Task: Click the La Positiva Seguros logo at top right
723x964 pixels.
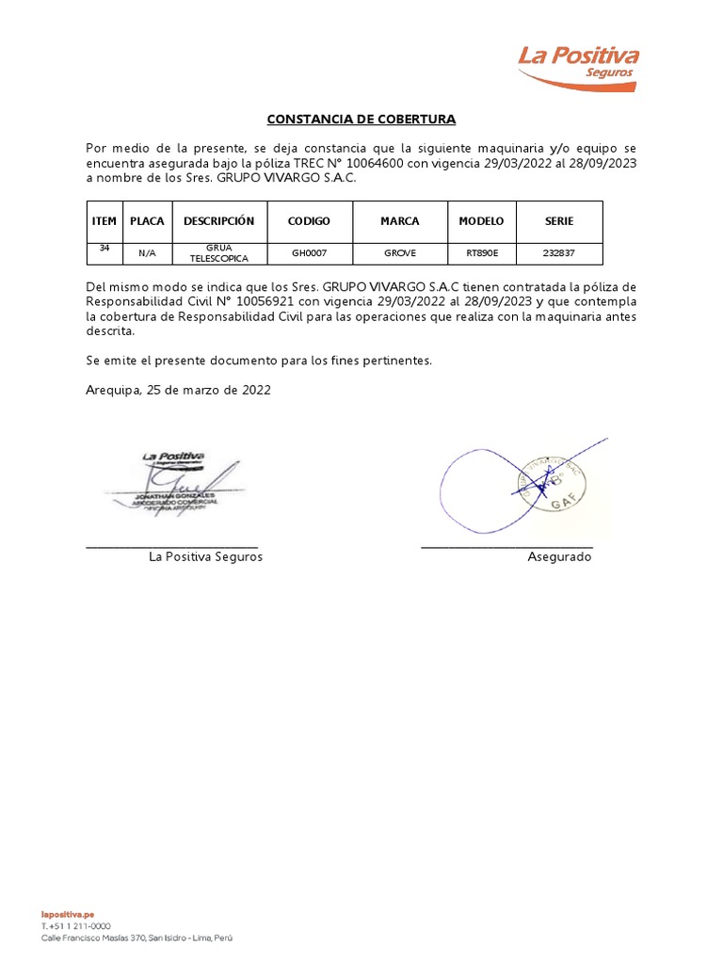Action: point(576,64)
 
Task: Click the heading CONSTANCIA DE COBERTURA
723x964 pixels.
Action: point(361,120)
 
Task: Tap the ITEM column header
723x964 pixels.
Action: point(104,221)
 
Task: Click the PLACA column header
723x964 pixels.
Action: point(147,221)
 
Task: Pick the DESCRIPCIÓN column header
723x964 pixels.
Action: point(219,221)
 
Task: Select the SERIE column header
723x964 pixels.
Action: point(559,221)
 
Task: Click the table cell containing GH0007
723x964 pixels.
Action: point(309,253)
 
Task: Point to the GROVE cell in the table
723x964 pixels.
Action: point(399,253)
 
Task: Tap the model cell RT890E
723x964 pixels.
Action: point(481,253)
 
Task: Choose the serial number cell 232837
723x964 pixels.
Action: point(559,253)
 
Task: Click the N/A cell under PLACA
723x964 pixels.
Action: point(147,253)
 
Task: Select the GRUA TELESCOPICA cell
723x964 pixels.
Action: point(219,253)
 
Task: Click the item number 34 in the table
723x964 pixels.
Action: point(104,249)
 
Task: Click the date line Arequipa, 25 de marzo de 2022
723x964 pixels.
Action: point(178,390)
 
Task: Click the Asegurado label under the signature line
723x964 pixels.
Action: point(559,557)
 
